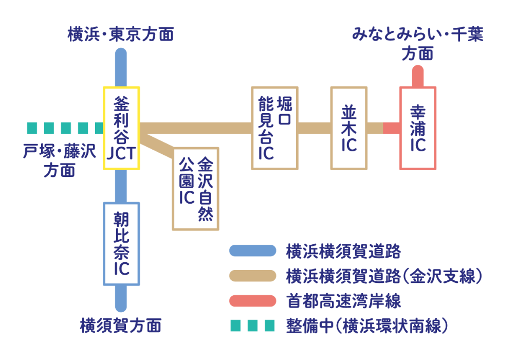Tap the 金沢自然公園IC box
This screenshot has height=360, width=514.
point(195,189)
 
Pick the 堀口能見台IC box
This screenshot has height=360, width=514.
point(274,128)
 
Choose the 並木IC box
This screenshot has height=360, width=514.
point(349,128)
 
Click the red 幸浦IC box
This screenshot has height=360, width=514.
point(418,128)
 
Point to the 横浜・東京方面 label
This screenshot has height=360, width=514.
point(121,34)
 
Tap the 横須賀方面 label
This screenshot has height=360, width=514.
point(121,326)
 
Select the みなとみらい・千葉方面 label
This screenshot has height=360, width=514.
point(417,44)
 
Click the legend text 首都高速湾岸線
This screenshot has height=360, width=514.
point(343,300)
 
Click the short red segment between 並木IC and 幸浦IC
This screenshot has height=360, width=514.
point(391,128)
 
